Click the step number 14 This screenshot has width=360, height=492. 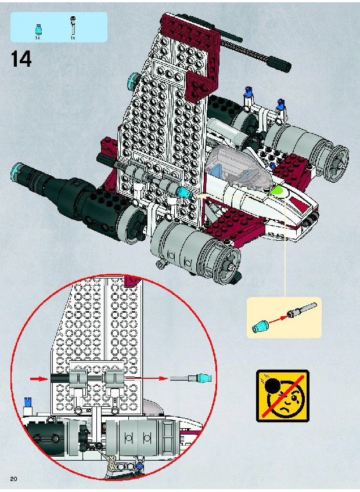pos(21,59)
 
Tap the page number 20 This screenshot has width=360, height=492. pos(13,479)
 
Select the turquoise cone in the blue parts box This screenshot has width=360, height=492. pos(38,29)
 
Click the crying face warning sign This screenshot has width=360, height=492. pos(282,395)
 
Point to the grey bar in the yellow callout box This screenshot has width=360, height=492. pos(301,309)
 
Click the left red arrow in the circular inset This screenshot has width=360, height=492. pos(39,379)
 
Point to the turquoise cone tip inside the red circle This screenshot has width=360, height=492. pos(204,378)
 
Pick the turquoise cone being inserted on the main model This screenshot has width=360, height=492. pos(183,192)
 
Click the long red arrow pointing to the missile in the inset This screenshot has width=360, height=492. pos(147,378)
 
